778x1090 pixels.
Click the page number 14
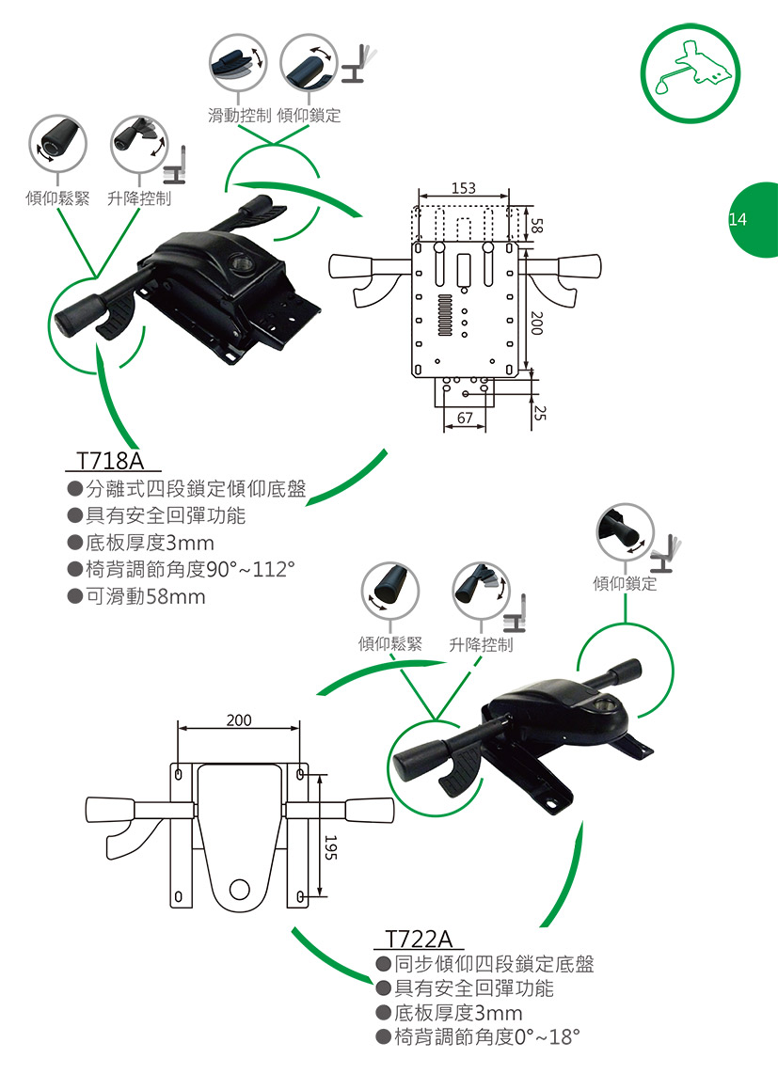click(738, 219)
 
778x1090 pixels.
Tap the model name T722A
click(420, 940)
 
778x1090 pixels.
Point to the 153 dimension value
click(462, 189)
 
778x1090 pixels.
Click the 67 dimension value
click(465, 417)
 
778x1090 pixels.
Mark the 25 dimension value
click(538, 412)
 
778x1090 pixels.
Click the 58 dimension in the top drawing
click(537, 225)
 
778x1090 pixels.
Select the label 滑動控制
click(240, 116)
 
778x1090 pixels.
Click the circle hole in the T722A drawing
click(240, 888)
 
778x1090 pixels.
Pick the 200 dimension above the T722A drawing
click(239, 720)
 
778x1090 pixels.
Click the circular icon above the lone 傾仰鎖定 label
click(625, 532)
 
